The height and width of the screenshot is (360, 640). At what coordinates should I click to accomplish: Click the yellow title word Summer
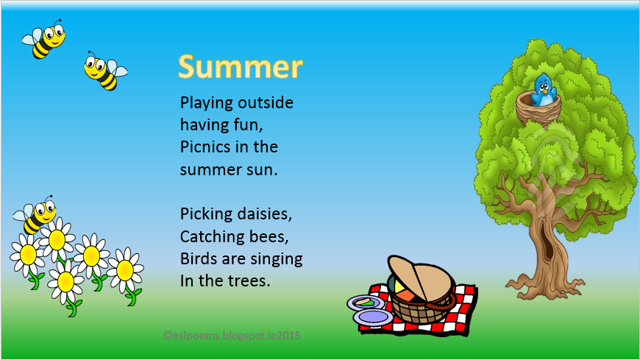[241, 66]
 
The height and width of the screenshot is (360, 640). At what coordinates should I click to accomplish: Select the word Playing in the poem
[206, 103]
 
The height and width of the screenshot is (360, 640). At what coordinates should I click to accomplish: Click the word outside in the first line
[266, 102]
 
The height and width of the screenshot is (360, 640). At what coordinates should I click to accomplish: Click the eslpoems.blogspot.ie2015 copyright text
[232, 336]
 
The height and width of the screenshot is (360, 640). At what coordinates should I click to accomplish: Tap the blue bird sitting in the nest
[544, 90]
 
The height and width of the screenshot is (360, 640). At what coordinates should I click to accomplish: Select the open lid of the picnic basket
[420, 278]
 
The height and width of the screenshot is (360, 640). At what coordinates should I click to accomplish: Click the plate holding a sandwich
[366, 303]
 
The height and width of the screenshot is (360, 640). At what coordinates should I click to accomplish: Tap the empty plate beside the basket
[373, 317]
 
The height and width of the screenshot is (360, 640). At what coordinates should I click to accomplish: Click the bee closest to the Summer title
[105, 71]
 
